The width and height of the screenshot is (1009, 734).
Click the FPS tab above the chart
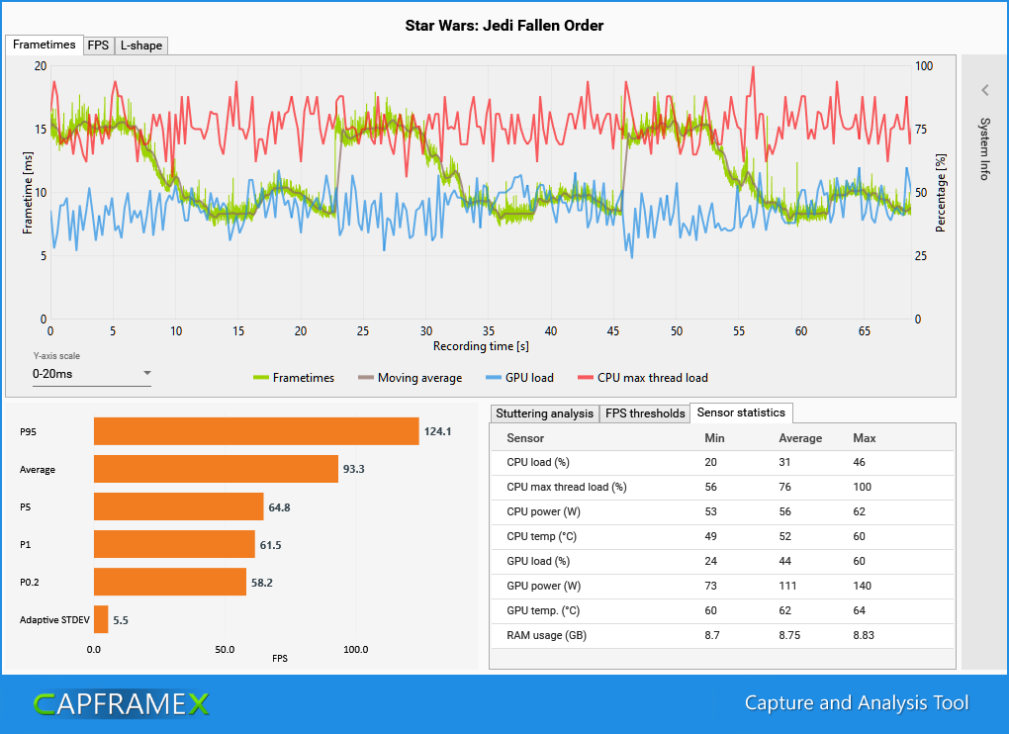pos(99,46)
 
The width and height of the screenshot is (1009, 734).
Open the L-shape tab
pos(141,46)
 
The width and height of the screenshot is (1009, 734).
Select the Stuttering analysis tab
pos(545,413)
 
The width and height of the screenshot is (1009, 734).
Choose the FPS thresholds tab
pos(645,413)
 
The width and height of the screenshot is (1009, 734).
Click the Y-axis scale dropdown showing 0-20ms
pos(91,374)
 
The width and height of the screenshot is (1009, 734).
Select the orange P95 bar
pos(256,431)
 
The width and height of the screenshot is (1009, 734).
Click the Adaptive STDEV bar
pos(101,620)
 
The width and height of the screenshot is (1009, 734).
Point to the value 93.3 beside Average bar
pos(354,469)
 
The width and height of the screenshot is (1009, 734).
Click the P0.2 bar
pos(169,582)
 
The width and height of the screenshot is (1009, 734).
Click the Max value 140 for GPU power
pos(864,586)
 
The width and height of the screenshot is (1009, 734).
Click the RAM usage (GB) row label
pos(546,635)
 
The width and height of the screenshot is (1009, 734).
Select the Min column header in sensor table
pos(714,438)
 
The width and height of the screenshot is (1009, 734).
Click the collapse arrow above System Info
pos(984,90)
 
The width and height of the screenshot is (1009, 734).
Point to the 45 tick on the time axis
pos(612,331)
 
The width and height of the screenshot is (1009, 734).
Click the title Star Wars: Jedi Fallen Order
pos(504,25)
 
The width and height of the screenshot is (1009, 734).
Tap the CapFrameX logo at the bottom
pos(122,703)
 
